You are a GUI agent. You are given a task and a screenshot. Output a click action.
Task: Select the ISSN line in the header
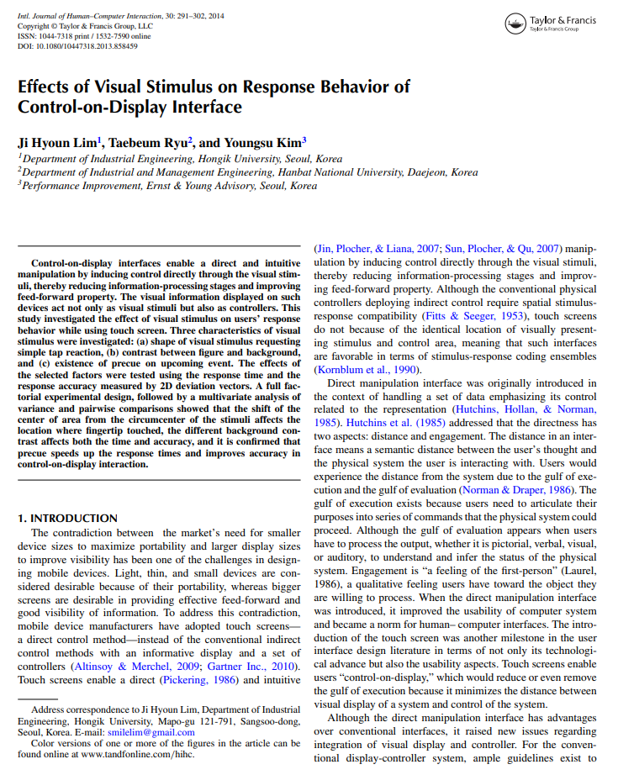click(x=84, y=36)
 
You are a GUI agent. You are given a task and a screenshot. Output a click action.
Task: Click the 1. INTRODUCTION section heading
click(x=68, y=518)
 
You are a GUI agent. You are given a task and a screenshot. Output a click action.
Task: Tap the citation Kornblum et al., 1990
click(x=365, y=369)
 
